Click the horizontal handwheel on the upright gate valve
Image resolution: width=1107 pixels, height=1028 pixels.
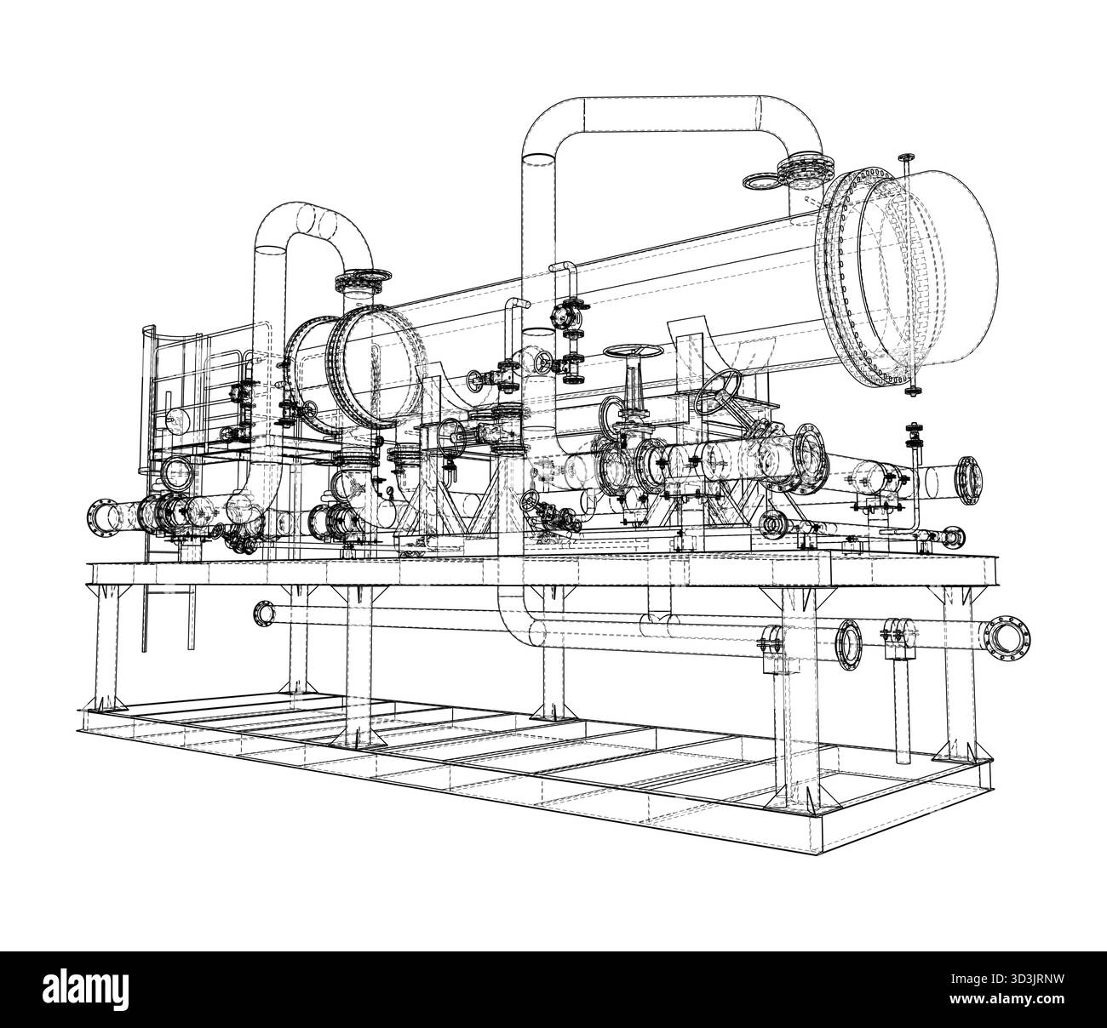pyautogui.click(x=629, y=351)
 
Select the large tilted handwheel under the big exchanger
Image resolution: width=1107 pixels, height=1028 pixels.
pyautogui.click(x=719, y=393)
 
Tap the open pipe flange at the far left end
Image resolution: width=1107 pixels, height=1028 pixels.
pyautogui.click(x=100, y=516)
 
